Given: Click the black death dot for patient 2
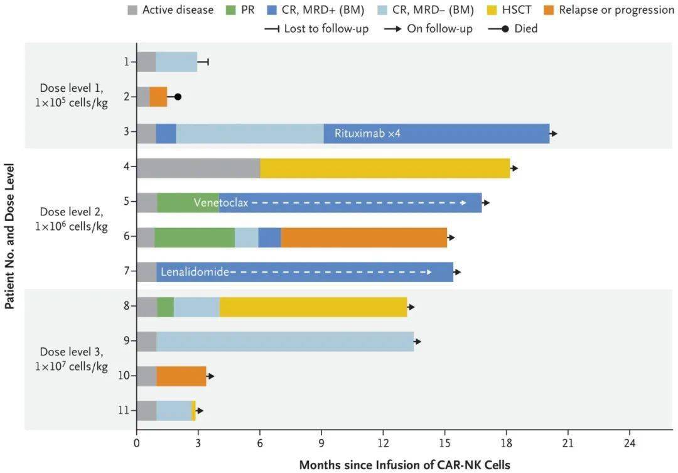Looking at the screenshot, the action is (x=178, y=97).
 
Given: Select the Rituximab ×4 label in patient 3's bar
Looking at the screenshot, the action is (x=367, y=133).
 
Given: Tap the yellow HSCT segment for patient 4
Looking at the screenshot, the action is (x=385, y=168).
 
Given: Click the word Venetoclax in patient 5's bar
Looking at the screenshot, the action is (x=221, y=202).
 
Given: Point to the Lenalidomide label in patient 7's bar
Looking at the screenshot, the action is (x=195, y=272).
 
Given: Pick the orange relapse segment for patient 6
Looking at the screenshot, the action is (x=364, y=237).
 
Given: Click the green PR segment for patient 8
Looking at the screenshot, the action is (x=165, y=307).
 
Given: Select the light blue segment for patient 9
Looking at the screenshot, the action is (x=285, y=342).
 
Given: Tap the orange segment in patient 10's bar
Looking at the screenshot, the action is (x=181, y=376).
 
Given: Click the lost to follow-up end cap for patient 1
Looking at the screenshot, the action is (x=208, y=62).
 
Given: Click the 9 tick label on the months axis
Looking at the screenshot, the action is (x=321, y=443).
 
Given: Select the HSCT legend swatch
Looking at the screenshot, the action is (x=492, y=9).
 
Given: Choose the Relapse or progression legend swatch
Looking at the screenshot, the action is (x=549, y=9).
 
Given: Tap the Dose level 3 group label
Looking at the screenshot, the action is (x=72, y=359).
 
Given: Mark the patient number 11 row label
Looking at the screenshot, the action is (x=124, y=410).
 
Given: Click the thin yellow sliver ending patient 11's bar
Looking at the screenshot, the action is (x=194, y=411).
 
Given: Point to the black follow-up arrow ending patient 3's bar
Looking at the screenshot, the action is (x=554, y=134).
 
